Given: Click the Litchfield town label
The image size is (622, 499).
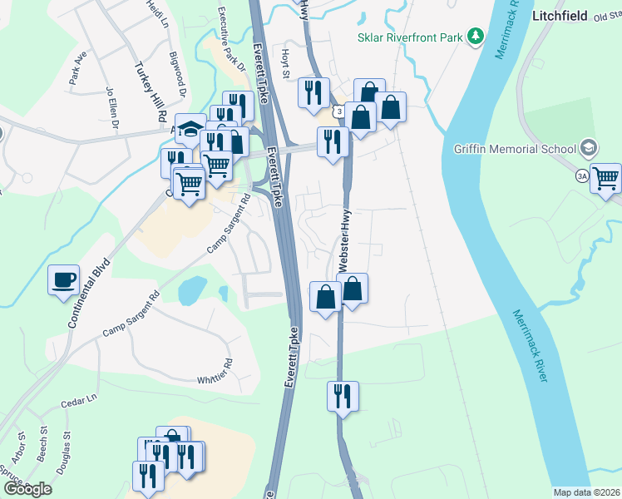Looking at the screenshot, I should (x=560, y=16).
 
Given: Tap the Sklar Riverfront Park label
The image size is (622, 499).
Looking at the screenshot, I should (x=409, y=37).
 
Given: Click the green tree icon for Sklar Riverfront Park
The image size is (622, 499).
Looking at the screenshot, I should (x=475, y=36).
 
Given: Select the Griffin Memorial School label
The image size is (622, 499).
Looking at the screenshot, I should (x=515, y=150).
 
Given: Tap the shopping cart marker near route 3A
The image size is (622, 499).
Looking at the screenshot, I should (x=606, y=178).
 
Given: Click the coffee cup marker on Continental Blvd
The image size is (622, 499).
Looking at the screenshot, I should (x=63, y=279).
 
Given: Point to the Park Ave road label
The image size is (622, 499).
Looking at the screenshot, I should (x=78, y=70).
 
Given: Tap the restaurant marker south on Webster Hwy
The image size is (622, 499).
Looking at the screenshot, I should (x=342, y=396).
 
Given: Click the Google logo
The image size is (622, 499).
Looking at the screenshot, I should (x=27, y=488).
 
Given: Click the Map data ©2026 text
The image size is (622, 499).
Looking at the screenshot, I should (x=586, y=492).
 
